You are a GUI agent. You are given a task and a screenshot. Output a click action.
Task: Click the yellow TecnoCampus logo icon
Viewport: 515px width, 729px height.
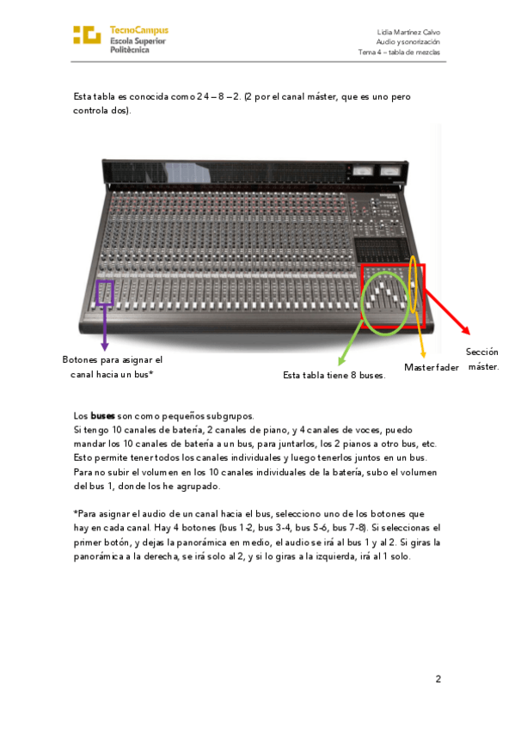pyautogui.click(x=87, y=35)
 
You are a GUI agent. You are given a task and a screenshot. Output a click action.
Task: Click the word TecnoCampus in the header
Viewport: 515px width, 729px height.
pyautogui.click(x=139, y=30)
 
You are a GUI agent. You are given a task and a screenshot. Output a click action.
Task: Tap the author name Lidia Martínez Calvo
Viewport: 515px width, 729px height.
pyautogui.click(x=408, y=32)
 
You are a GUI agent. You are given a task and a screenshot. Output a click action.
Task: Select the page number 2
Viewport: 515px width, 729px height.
pyautogui.click(x=438, y=679)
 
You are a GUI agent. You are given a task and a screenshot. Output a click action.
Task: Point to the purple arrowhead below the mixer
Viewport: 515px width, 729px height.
pyautogui.click(x=105, y=346)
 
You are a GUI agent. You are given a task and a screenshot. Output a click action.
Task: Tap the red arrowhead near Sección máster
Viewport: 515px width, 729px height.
pyautogui.click(x=466, y=330)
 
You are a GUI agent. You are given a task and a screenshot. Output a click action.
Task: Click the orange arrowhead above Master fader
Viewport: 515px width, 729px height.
pyautogui.click(x=423, y=354)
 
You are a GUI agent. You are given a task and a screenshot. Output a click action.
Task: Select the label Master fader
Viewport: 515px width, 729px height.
pyautogui.click(x=432, y=367)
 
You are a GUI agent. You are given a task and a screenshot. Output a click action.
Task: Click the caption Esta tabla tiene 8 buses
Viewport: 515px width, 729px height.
pyautogui.click(x=334, y=375)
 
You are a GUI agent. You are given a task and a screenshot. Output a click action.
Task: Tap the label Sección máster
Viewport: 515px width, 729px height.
pyautogui.click(x=483, y=359)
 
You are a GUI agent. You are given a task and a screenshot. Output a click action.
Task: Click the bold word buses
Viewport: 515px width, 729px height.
pyautogui.click(x=102, y=415)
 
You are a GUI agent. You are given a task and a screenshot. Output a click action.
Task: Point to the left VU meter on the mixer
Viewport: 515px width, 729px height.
pyautogui.click(x=362, y=172)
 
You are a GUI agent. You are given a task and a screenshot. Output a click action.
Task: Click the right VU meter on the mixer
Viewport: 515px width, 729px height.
pyautogui.click(x=390, y=172)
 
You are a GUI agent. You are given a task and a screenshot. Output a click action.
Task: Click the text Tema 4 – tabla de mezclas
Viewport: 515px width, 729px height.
pyautogui.click(x=399, y=52)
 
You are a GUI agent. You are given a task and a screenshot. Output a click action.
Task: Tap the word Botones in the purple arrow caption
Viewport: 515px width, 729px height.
pyautogui.click(x=80, y=360)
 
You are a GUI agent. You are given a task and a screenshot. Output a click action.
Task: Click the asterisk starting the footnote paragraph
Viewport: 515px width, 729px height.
pyautogui.click(x=76, y=513)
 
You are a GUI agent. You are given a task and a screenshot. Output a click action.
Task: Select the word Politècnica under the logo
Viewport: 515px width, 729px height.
pyautogui.click(x=130, y=50)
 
